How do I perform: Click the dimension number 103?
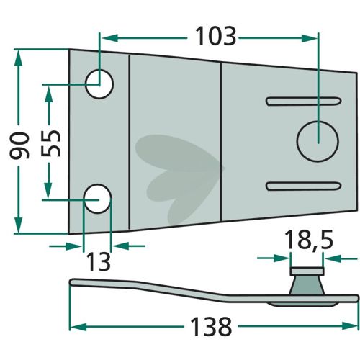216,37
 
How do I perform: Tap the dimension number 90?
19,145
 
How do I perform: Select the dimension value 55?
50,143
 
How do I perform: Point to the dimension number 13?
98,262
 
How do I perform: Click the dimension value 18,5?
309,240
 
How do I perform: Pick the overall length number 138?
211,327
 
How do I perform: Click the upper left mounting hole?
99,84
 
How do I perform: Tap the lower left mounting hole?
98,199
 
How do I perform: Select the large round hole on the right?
318,141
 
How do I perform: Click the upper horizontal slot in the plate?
304,102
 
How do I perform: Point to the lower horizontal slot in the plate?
303,186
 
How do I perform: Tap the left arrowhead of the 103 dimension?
110,38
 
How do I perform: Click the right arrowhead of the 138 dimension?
351,326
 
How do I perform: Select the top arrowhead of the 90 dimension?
19,58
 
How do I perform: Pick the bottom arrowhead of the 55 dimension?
48,190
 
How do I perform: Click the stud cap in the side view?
307,271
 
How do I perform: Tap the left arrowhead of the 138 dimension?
78,327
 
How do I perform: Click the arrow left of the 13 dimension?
66,246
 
